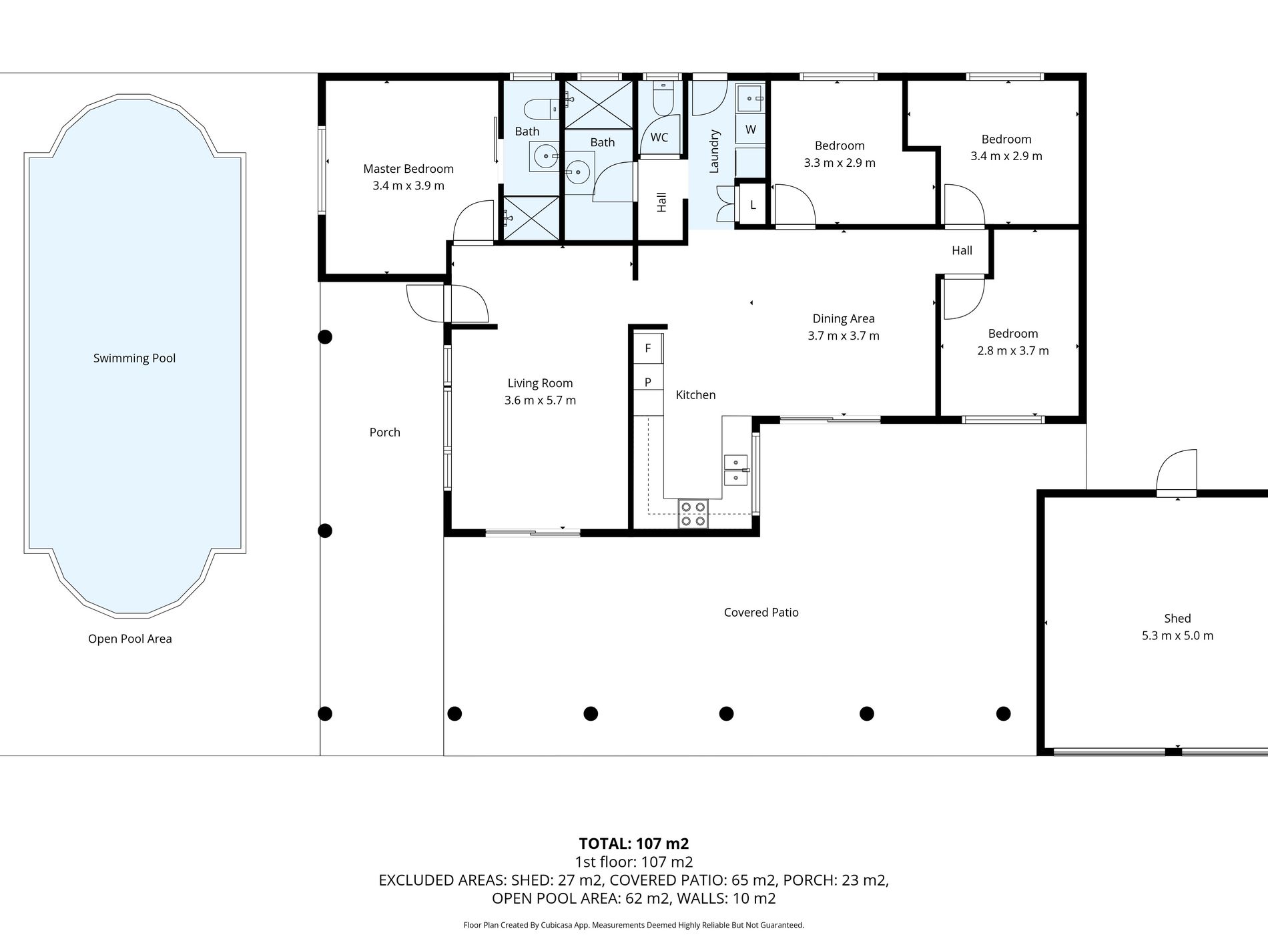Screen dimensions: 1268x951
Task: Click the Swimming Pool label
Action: pyautogui.click(x=134, y=358)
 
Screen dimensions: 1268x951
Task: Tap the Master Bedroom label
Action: pyautogui.click(x=408, y=169)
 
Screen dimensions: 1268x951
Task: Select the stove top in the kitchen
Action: pyautogui.click(x=693, y=514)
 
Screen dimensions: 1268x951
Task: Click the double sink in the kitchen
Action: pyautogui.click(x=736, y=470)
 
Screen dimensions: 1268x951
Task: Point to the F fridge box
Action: pyautogui.click(x=647, y=348)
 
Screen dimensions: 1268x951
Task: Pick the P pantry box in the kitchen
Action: pyautogui.click(x=647, y=382)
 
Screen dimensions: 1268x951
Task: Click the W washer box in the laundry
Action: pyautogui.click(x=750, y=129)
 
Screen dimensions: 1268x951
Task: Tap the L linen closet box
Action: pyautogui.click(x=753, y=205)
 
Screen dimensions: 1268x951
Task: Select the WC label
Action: pyautogui.click(x=659, y=137)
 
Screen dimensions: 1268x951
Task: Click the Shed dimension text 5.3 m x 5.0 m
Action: pyautogui.click(x=1177, y=635)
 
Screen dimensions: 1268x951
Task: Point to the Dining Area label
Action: pyautogui.click(x=844, y=319)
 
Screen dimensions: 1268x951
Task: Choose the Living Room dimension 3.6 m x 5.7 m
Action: pyautogui.click(x=540, y=400)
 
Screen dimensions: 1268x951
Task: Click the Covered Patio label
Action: pyautogui.click(x=761, y=612)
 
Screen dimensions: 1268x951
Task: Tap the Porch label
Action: pyautogui.click(x=385, y=432)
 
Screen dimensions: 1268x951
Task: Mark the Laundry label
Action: pyautogui.click(x=714, y=151)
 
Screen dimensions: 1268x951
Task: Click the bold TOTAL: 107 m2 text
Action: pyautogui.click(x=634, y=843)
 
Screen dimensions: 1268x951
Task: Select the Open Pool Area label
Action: pyautogui.click(x=130, y=639)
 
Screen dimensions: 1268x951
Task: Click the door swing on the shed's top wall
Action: pyautogui.click(x=1176, y=471)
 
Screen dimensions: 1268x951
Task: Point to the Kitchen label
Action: pyautogui.click(x=695, y=395)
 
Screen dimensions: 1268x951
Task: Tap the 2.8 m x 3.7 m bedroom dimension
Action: pyautogui.click(x=1013, y=350)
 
